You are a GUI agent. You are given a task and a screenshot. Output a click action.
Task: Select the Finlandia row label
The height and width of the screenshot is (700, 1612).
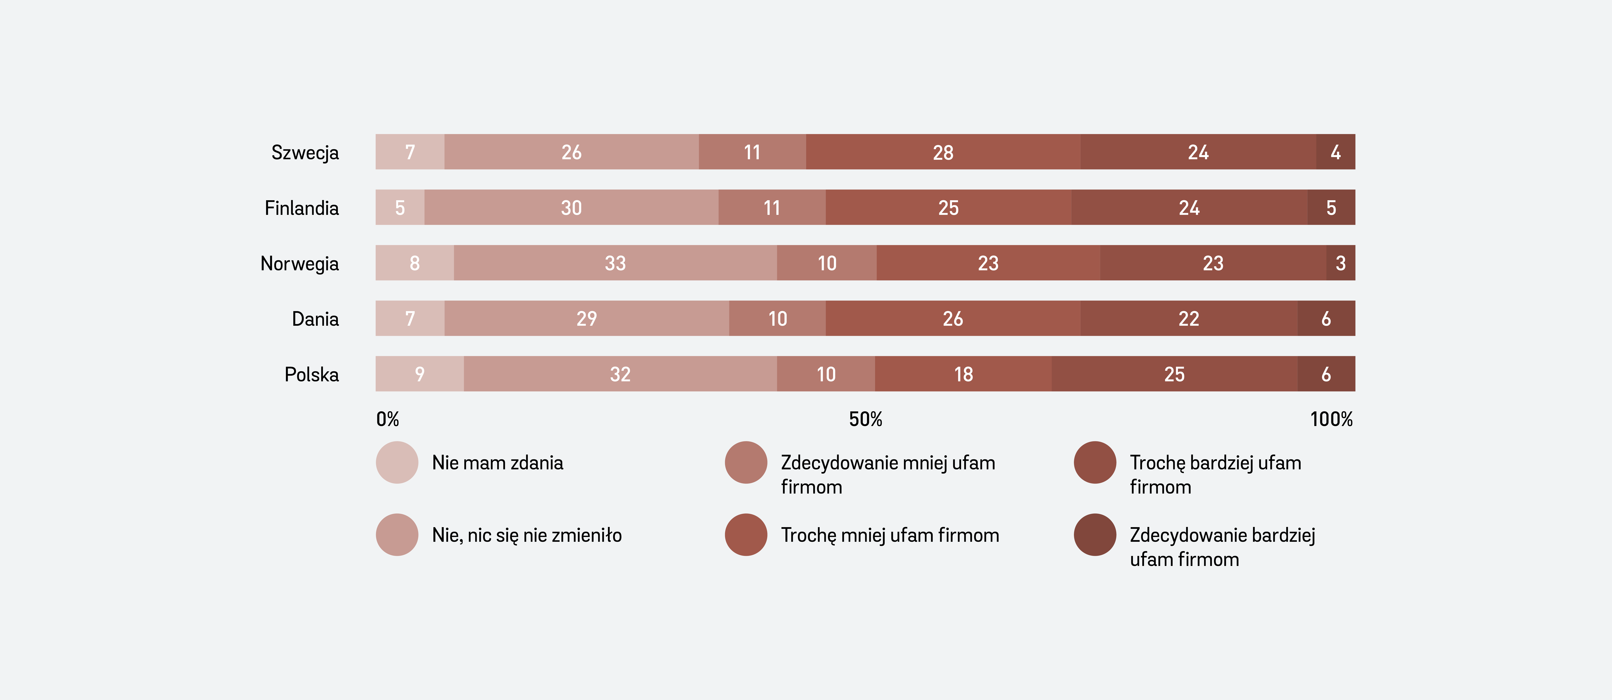click(302, 208)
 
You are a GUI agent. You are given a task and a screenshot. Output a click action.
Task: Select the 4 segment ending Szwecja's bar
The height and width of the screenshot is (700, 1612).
click(1335, 152)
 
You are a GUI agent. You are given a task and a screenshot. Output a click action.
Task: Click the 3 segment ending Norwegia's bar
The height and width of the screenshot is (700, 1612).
click(1340, 263)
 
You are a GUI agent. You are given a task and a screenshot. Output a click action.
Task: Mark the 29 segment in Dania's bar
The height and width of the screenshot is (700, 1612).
click(586, 319)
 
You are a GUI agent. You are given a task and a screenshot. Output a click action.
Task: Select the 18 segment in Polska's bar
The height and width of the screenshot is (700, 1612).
click(963, 374)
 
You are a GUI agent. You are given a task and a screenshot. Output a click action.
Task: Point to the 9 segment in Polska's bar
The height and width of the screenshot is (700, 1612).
click(419, 374)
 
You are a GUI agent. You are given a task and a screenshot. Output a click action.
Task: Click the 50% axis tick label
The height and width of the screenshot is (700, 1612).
click(865, 419)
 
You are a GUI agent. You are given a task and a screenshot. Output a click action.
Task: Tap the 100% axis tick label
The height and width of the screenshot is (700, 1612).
click(1331, 419)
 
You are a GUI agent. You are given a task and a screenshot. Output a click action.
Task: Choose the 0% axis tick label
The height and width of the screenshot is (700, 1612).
click(387, 419)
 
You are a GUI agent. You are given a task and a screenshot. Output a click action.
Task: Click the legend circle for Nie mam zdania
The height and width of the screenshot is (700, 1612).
click(397, 462)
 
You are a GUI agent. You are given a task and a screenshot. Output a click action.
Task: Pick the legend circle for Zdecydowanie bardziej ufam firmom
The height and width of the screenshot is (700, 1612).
click(1094, 535)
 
